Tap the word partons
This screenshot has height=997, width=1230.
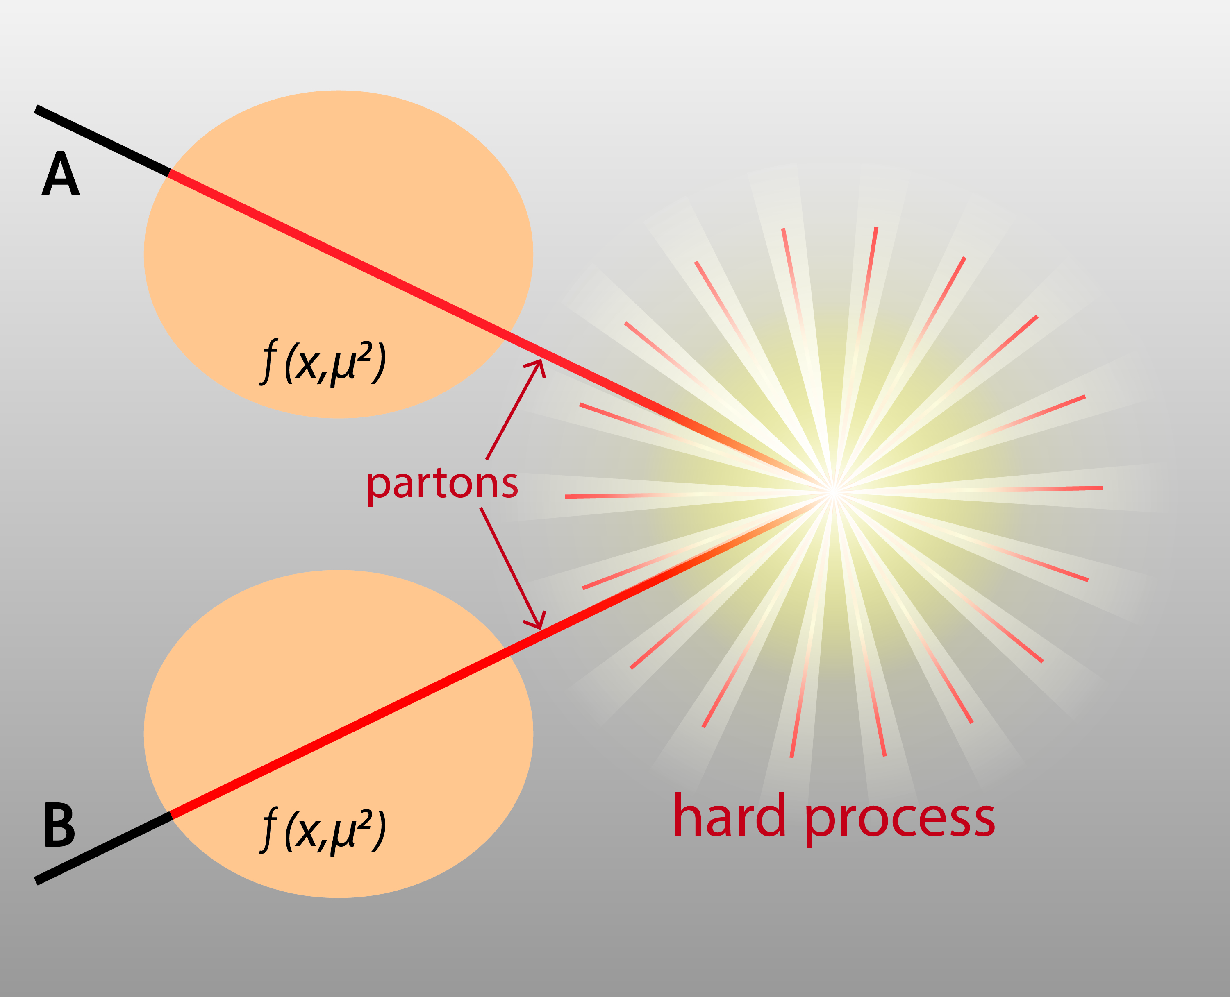pos(442,484)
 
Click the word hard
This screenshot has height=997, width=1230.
pos(729,816)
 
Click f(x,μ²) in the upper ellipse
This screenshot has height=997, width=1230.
pos(322,363)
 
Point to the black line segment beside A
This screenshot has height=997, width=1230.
pos(102,141)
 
